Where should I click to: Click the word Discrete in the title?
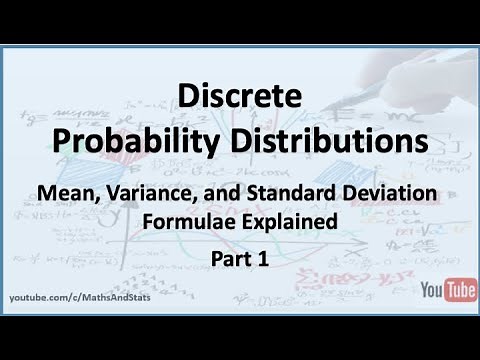(x=240, y=97)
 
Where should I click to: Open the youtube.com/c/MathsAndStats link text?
(x=80, y=299)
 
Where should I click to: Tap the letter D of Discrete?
(x=186, y=97)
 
